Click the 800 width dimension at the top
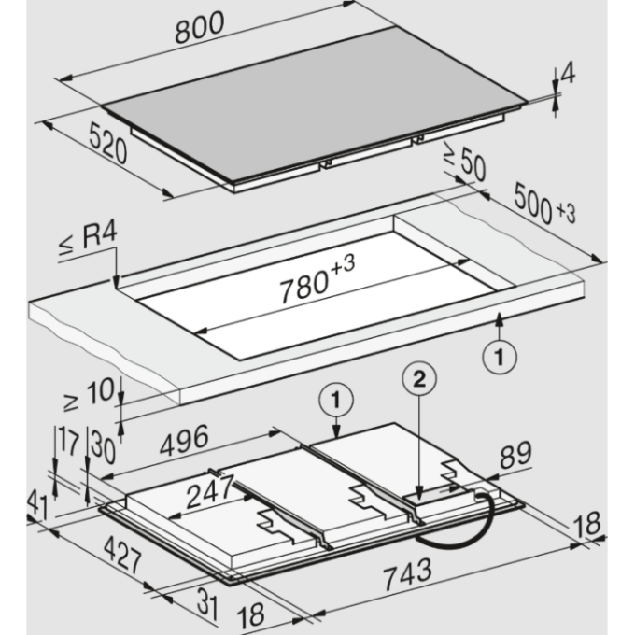point(199,27)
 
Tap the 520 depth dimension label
point(107,143)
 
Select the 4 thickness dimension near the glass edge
point(569,73)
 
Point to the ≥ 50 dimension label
point(465,161)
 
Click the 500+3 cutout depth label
point(544,205)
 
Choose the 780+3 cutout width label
point(317,278)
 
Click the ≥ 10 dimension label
point(89,394)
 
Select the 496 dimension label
point(184,440)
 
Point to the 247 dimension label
point(210,491)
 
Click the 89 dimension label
point(515,456)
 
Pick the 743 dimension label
point(407,574)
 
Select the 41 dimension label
point(37,504)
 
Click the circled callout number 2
point(419,378)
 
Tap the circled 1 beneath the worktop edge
point(500,357)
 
